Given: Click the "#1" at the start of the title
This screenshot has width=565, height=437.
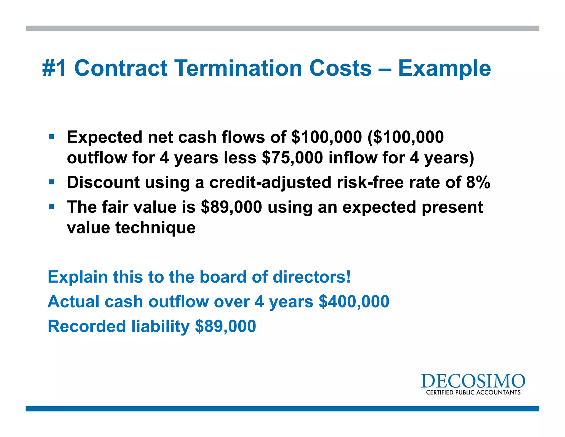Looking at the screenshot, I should [x=54, y=68].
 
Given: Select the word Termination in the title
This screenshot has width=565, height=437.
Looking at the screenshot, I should [x=239, y=68].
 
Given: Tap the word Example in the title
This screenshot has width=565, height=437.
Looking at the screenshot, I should [x=444, y=69].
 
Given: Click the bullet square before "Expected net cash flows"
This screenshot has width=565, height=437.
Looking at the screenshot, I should [x=51, y=136].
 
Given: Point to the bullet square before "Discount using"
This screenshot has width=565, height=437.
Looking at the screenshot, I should [x=51, y=182].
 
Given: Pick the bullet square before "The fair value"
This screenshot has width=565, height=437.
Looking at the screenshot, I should [x=51, y=207].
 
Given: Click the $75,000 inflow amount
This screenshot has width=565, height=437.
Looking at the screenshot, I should [x=292, y=158].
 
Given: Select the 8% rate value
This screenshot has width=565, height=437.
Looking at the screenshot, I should [x=478, y=182].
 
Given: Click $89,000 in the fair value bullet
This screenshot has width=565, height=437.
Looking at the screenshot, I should [x=231, y=207].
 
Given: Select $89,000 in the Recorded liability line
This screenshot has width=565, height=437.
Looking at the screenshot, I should [x=225, y=326].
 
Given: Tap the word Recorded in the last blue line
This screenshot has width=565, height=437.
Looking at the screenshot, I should [x=87, y=326].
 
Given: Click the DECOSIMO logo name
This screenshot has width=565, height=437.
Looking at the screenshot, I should [x=473, y=381].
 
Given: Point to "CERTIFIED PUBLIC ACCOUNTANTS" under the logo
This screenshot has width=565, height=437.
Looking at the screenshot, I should [x=473, y=393].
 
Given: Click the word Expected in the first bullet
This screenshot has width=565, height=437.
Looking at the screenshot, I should [x=105, y=137].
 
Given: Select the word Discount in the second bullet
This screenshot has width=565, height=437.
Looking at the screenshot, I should [x=103, y=182].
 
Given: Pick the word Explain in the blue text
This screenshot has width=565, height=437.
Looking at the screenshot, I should [x=78, y=277].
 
